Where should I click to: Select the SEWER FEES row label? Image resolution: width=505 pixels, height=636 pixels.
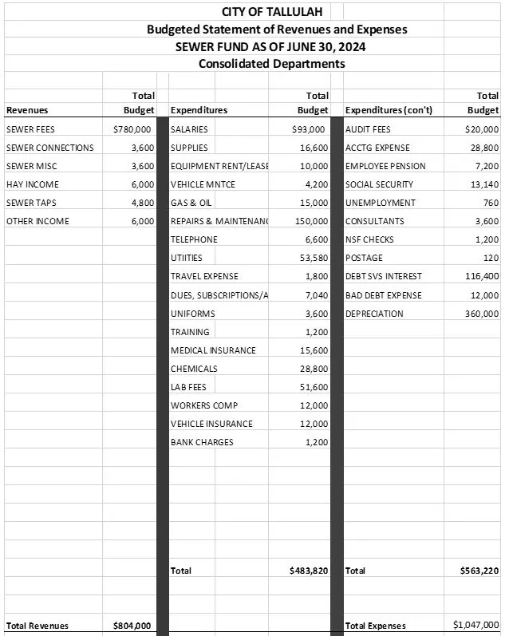pos(30,129)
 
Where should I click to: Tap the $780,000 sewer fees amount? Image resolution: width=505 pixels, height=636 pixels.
pos(132,129)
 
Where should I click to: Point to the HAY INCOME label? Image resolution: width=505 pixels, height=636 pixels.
pos(33,184)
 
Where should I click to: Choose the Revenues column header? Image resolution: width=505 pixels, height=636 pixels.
pos(27,110)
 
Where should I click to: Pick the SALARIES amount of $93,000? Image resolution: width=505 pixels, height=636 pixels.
pos(310,129)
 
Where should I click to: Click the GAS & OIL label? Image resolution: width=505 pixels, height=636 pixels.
pos(191,203)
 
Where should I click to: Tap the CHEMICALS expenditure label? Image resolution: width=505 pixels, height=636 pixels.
pos(194,369)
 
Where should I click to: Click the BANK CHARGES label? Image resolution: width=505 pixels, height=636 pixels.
pos(202,442)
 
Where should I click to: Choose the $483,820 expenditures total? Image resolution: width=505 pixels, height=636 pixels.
pos(309,571)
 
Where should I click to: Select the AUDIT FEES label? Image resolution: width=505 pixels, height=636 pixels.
pos(368,129)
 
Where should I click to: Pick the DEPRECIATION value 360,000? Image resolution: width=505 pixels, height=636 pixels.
pos(480,314)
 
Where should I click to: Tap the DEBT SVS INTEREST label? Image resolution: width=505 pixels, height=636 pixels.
pos(384,276)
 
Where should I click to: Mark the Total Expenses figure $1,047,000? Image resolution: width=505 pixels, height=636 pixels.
pos(476,625)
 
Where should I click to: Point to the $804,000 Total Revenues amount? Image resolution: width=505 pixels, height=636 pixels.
pos(132,626)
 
